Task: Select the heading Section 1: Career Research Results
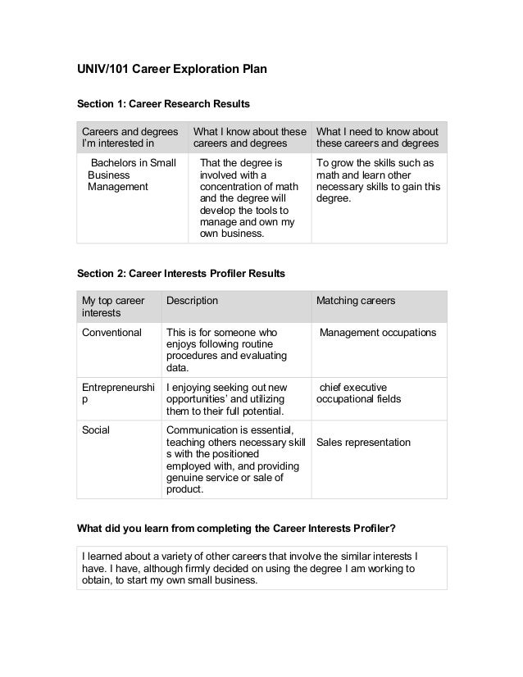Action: pyautogui.click(x=163, y=105)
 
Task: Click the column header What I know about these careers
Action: pyautogui.click(x=249, y=139)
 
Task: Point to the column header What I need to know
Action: pyautogui.click(x=376, y=139)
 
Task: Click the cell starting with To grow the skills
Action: pyautogui.click(x=378, y=180)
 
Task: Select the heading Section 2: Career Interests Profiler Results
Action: pyautogui.click(x=180, y=272)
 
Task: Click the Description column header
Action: pyautogui.click(x=193, y=301)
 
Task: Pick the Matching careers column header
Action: pyautogui.click(x=356, y=301)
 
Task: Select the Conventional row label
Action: pyautogui.click(x=111, y=333)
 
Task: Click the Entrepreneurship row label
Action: pyautogui.click(x=117, y=393)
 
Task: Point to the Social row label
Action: pyautogui.click(x=97, y=429)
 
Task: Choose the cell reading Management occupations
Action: pyautogui.click(x=377, y=333)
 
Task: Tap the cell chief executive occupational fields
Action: pyautogui.click(x=358, y=393)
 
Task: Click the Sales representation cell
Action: pyautogui.click(x=363, y=443)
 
